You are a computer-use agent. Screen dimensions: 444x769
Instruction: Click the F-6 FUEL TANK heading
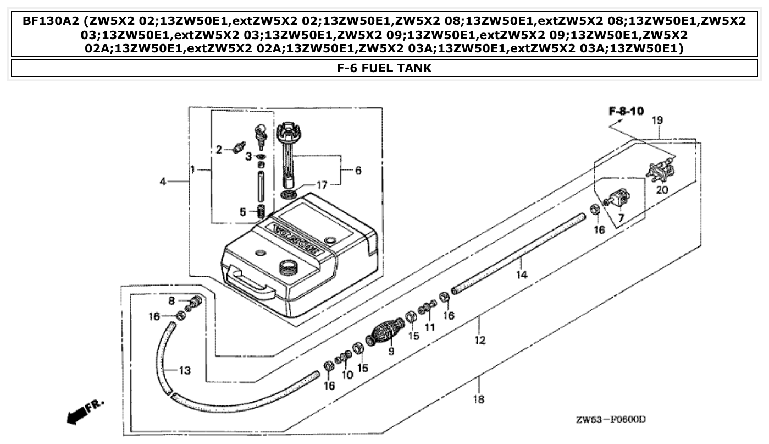coord(384,68)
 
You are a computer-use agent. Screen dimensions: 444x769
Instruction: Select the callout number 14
coord(522,274)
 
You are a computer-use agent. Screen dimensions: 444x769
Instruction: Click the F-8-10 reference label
coord(626,112)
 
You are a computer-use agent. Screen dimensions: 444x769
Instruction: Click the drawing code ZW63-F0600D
coord(610,420)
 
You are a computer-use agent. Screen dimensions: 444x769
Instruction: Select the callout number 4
coord(163,181)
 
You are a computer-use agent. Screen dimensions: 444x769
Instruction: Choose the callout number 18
coord(479,399)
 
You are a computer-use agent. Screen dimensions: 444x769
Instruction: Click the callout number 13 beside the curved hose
coord(185,370)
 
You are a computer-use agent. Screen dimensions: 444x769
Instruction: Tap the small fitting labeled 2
coord(239,147)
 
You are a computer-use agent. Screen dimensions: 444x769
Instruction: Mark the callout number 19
coord(657,120)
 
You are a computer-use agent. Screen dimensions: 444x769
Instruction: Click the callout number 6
coord(357,171)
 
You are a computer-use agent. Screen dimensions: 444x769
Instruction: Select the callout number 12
coord(480,341)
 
